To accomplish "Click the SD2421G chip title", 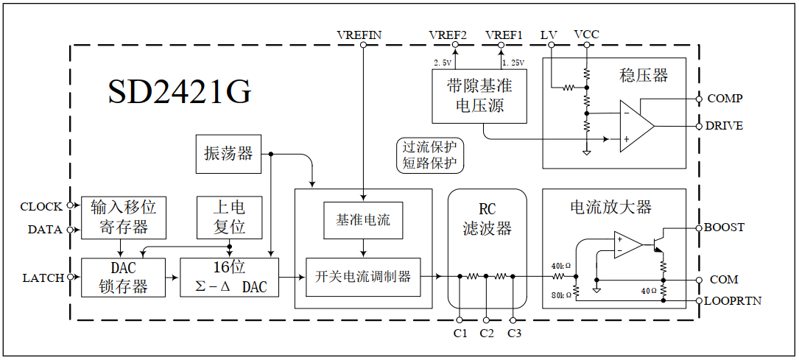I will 180,92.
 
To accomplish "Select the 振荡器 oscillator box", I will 228,154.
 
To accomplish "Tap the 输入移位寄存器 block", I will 124,216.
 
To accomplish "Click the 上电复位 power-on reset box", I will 229,216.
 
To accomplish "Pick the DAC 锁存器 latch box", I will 124,278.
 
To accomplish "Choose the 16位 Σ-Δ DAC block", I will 229,278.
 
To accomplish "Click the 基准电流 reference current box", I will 363,220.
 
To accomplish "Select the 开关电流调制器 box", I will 363,277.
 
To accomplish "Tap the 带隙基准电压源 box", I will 479,96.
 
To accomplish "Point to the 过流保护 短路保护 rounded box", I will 429,155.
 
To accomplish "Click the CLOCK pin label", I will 41,206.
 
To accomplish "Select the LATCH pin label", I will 43,278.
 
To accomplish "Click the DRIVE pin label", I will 724,126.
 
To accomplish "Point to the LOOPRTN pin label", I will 733,301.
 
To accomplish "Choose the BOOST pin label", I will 724,227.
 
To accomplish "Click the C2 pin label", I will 486,333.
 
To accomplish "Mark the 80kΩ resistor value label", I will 561,295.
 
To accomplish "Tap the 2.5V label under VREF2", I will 443,63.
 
